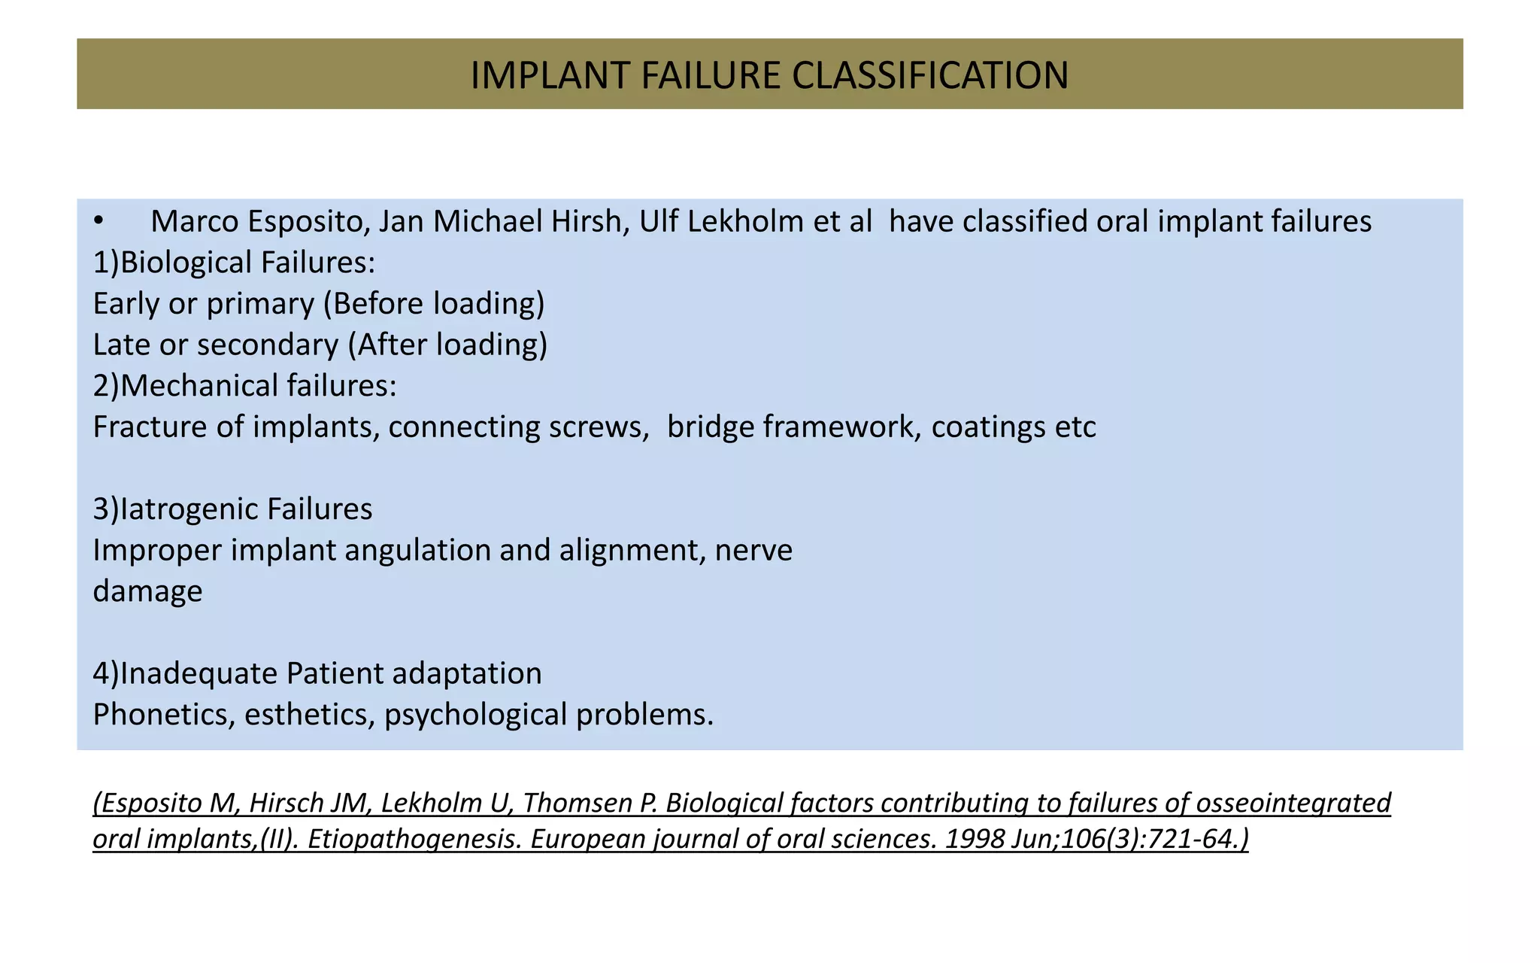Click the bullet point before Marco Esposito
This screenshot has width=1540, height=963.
tap(98, 221)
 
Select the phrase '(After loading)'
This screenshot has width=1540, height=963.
tap(447, 345)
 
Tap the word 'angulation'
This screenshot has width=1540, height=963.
tap(417, 551)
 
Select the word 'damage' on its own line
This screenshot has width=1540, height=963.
tap(147, 591)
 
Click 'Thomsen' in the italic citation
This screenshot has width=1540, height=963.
tap(579, 804)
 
